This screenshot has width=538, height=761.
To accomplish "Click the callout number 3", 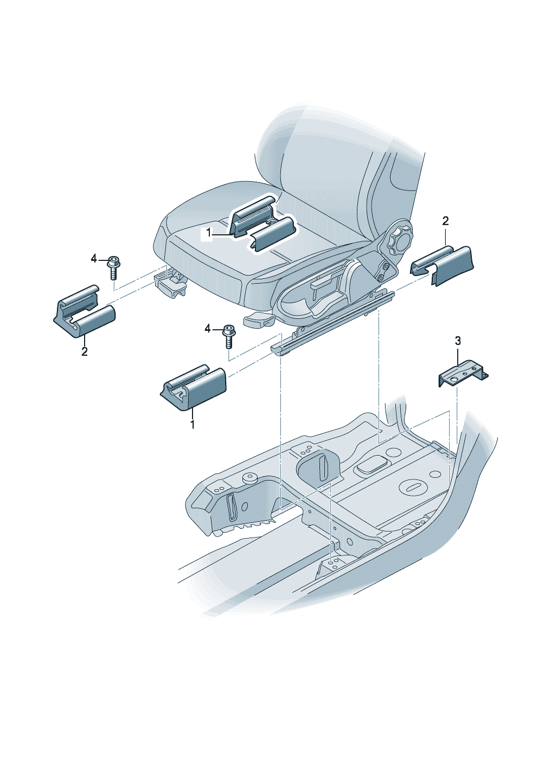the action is coord(458,341).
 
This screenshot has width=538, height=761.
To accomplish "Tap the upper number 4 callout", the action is coord(94,259).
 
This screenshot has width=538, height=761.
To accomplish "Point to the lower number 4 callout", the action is coord(208,329).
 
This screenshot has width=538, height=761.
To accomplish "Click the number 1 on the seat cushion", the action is coord(208,233).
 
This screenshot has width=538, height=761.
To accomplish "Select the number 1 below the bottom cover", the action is coord(192,424).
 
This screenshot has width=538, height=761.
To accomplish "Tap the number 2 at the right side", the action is coord(445,221).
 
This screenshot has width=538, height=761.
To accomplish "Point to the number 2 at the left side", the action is coord(84,351).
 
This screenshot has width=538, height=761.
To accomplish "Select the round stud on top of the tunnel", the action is coord(250,477).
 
